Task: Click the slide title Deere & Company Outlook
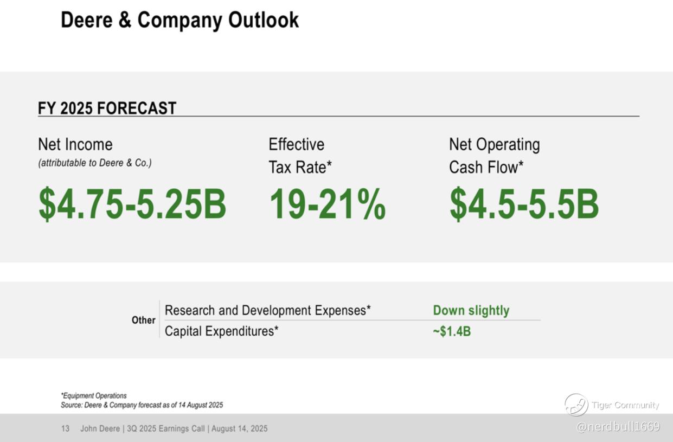[180, 20]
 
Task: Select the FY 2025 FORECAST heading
[107, 108]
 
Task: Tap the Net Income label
[75, 144]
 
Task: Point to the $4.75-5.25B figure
[132, 204]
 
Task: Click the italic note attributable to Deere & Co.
[95, 163]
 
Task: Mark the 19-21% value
[327, 204]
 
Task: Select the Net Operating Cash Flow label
[494, 156]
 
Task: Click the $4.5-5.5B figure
[524, 204]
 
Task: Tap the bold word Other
[143, 320]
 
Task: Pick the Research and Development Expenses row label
[267, 310]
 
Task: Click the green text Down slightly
[471, 310]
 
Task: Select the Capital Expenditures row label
[221, 331]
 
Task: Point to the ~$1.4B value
[451, 331]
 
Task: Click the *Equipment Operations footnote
[94, 395]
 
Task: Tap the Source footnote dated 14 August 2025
[142, 405]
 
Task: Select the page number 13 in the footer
[66, 428]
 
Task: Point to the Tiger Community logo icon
[576, 405]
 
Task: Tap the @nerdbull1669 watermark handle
[618, 426]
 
